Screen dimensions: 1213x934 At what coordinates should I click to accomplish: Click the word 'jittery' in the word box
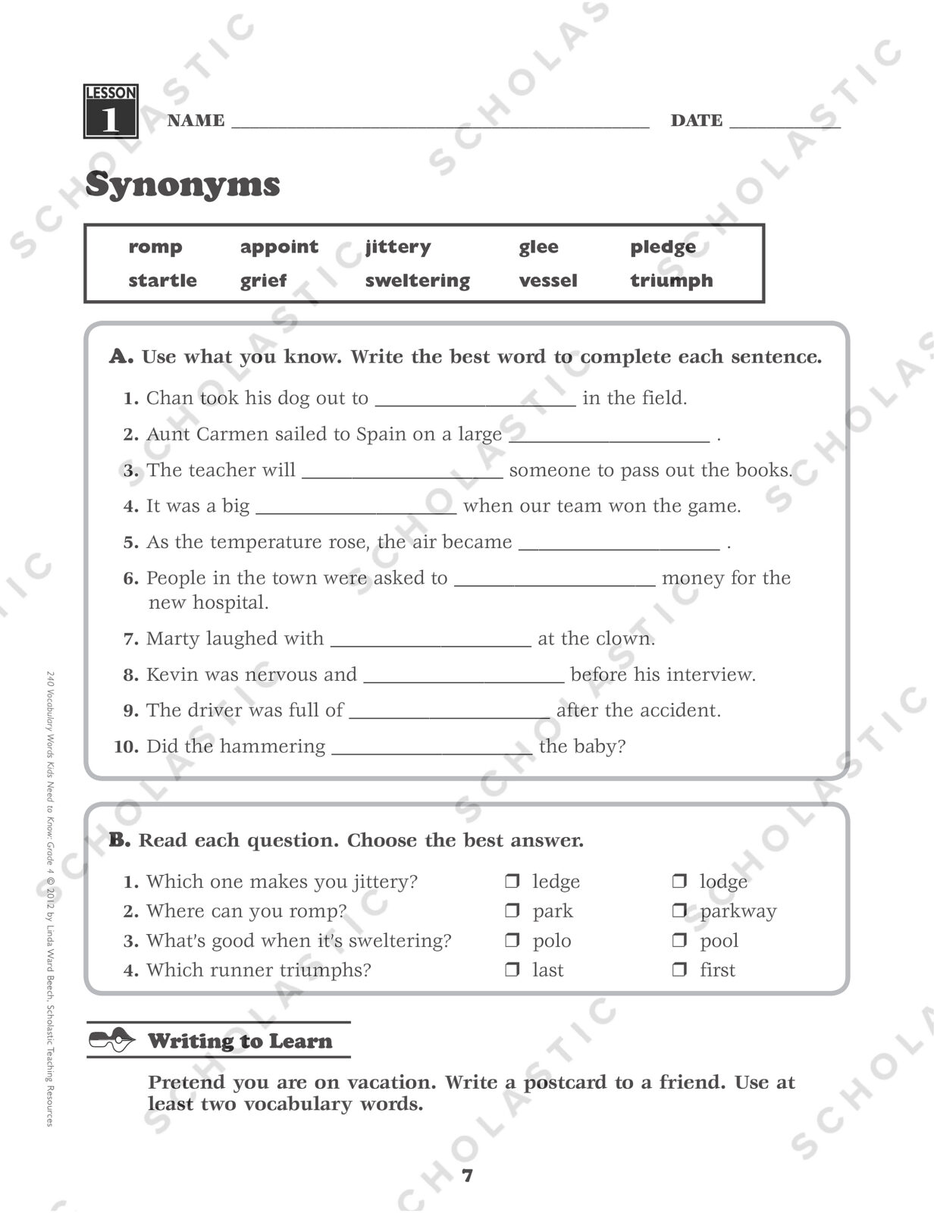click(397, 247)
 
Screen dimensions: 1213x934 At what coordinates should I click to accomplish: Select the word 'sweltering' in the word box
click(417, 281)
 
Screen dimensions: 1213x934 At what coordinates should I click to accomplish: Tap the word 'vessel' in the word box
click(547, 281)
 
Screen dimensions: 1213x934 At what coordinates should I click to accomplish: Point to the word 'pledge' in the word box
click(663, 247)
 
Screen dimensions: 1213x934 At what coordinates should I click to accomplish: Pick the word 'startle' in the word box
click(162, 281)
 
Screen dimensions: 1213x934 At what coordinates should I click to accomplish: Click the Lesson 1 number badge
click(111, 111)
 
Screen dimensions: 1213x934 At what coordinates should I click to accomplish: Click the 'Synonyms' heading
click(183, 184)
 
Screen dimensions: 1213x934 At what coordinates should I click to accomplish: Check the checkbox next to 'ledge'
click(512, 881)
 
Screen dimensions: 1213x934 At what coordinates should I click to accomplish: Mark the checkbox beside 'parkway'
click(680, 911)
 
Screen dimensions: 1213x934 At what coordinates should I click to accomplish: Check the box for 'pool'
click(680, 940)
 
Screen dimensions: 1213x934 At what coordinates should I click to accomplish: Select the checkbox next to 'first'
click(680, 970)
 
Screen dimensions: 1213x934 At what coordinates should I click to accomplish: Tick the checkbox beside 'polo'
click(512, 940)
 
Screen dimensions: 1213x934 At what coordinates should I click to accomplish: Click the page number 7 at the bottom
click(467, 1176)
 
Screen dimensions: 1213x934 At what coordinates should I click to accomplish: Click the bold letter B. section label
click(120, 840)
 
